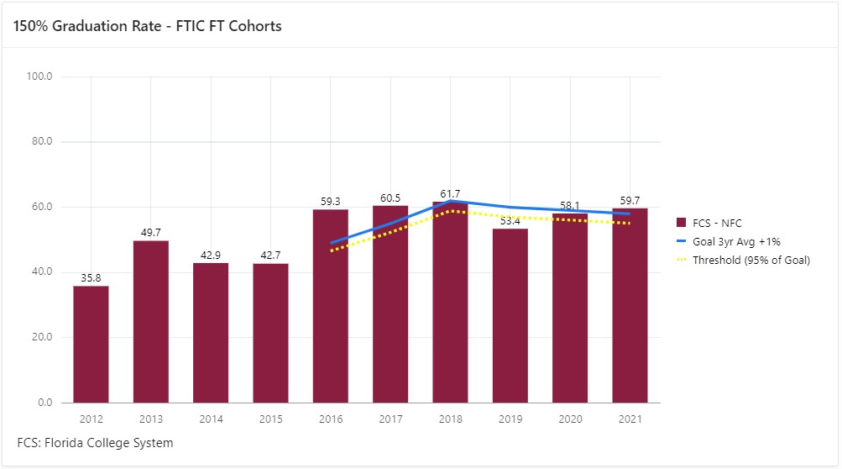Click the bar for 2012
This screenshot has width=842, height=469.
click(91, 345)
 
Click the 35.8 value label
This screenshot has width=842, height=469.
click(91, 278)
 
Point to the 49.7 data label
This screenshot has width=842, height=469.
click(151, 233)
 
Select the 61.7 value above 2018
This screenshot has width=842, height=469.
click(451, 194)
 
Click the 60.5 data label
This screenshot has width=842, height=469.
click(390, 198)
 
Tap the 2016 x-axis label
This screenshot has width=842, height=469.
click(331, 418)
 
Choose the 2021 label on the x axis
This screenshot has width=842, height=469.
click(630, 418)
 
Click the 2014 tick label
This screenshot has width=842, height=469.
click(211, 418)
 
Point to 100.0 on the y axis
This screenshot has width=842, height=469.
click(39, 76)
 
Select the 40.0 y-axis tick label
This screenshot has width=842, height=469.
click(41, 272)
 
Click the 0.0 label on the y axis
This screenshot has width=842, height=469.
click(44, 403)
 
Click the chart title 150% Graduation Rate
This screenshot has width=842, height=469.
click(147, 26)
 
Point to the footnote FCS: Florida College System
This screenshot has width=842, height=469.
click(95, 442)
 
